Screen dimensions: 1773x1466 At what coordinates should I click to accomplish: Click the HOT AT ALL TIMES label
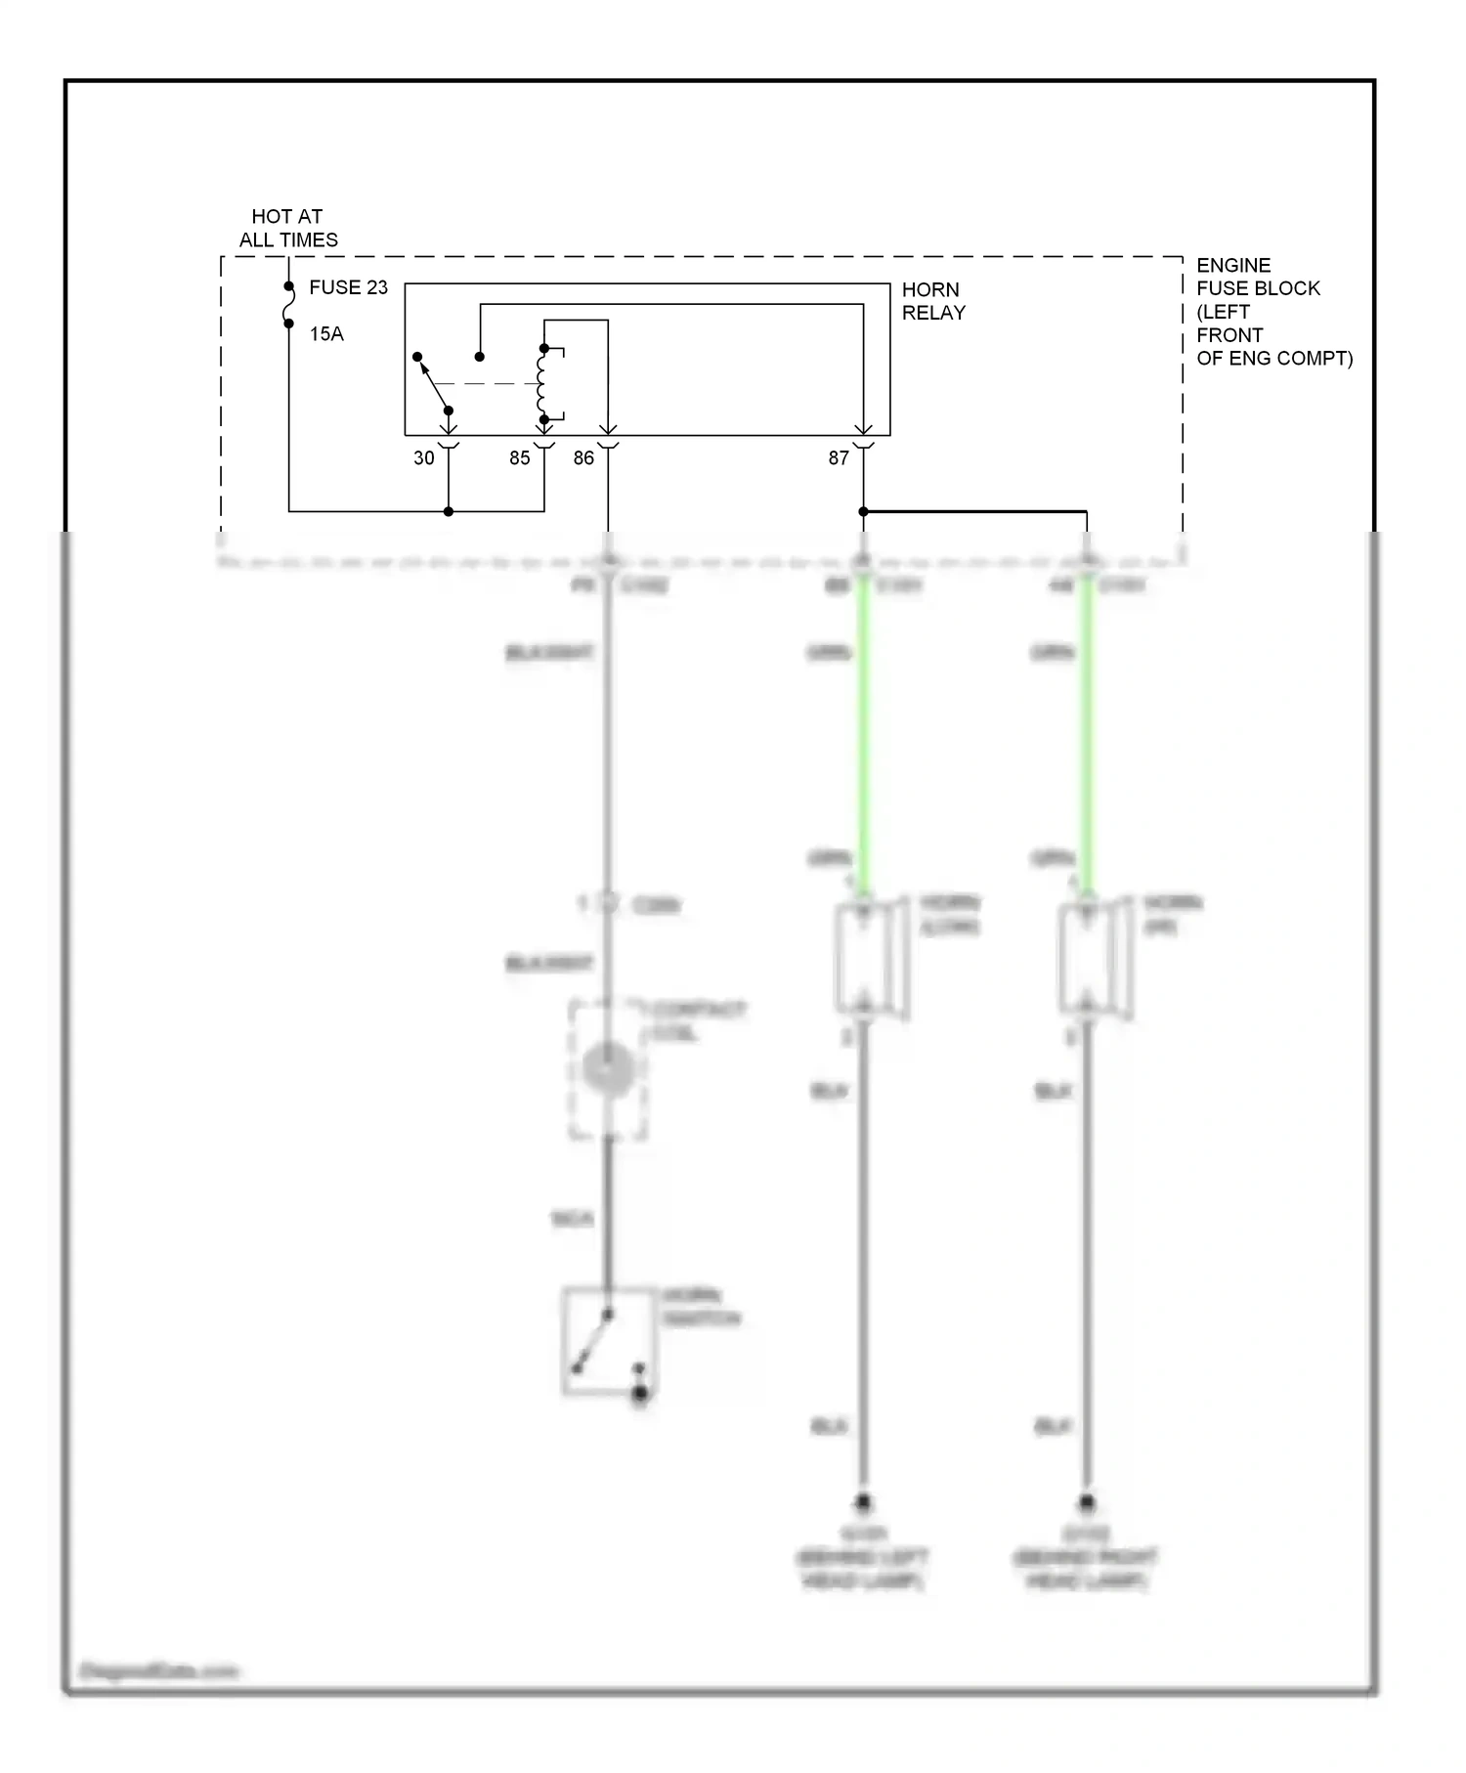(x=288, y=228)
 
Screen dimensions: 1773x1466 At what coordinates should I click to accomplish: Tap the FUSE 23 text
(x=348, y=287)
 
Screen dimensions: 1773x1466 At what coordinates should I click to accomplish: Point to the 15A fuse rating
(x=326, y=334)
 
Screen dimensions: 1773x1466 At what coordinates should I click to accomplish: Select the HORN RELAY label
(x=932, y=301)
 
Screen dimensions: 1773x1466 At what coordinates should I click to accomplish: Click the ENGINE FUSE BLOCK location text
(x=1272, y=312)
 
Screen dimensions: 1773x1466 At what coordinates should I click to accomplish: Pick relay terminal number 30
(x=423, y=457)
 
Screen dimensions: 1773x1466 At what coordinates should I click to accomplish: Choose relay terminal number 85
(x=519, y=457)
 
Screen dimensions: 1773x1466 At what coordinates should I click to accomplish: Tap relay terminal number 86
(x=583, y=457)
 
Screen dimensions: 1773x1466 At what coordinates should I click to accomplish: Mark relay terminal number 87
(x=839, y=457)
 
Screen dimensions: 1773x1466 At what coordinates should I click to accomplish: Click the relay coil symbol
(x=541, y=384)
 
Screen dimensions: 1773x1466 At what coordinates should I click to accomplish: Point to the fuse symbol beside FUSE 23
(x=289, y=305)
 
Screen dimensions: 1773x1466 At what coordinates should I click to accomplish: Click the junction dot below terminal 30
(x=449, y=511)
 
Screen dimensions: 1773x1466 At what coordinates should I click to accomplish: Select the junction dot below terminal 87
(x=863, y=511)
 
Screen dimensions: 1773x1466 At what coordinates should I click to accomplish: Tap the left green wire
(x=863, y=733)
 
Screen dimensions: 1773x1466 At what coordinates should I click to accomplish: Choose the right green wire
(x=1086, y=733)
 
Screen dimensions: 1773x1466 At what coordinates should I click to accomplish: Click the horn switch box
(x=608, y=1340)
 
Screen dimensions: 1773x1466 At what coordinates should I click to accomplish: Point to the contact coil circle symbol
(x=608, y=1067)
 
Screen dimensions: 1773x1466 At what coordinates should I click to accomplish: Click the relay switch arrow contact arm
(x=433, y=383)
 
